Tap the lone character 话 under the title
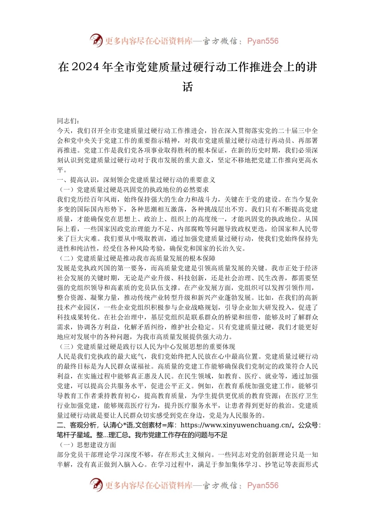point(187,86)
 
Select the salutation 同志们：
point(68,121)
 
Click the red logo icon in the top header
point(96,41)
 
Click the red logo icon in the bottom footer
point(96,485)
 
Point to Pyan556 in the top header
point(263,41)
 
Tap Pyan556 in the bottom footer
point(263,485)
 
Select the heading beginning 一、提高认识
point(136,180)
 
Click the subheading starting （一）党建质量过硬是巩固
point(133,190)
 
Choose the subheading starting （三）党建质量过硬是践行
point(146,347)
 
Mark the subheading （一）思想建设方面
point(87,445)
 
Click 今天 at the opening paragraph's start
point(64,131)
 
